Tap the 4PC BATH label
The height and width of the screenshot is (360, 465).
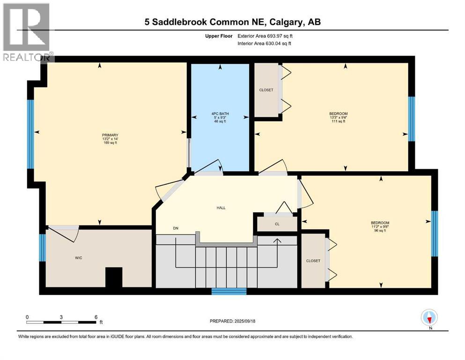[219, 112]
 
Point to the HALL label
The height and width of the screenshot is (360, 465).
[221, 207]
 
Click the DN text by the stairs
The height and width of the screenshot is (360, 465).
[176, 228]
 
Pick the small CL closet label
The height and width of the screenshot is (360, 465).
[277, 224]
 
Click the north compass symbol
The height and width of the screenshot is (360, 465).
[429, 318]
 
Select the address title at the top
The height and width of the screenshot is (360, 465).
[232, 22]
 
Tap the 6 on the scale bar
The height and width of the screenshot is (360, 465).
[96, 316]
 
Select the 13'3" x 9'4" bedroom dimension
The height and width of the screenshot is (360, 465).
[338, 117]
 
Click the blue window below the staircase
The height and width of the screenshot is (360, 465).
[229, 291]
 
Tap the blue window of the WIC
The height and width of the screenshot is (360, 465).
[42, 247]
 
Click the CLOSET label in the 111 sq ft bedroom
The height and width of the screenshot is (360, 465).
[266, 90]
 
